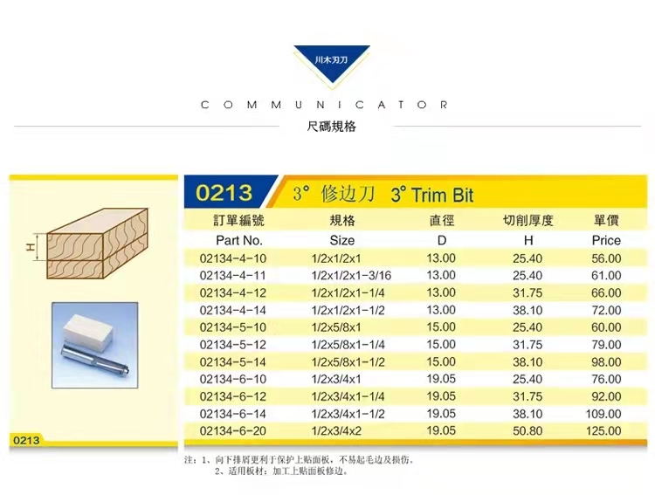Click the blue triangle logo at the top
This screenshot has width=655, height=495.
pos(332,63)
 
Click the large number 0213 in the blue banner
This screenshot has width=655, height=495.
pos(224,193)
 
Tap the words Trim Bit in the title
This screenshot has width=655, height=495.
pos(443,196)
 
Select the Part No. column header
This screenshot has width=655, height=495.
pos(239,240)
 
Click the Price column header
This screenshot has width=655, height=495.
pos(606,240)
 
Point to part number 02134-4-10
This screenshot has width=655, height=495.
pos(232,258)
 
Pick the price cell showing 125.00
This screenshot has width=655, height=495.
pos(603,430)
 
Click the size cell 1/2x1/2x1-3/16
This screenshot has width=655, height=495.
pos(351,275)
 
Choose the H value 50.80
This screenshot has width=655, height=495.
pos(527,430)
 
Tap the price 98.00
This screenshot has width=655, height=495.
pos(606,361)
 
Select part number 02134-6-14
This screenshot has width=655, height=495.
pos(232,414)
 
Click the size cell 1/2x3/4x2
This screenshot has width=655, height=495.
pos(336,430)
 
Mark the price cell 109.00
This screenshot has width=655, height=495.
pos(603,414)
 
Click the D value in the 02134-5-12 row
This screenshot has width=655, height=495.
pos(441,344)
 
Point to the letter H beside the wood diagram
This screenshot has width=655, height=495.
pos(31,247)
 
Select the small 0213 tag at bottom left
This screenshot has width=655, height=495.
pos(26,440)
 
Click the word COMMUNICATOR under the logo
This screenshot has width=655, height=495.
pos(324,105)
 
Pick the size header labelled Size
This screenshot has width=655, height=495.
pos(342,240)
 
